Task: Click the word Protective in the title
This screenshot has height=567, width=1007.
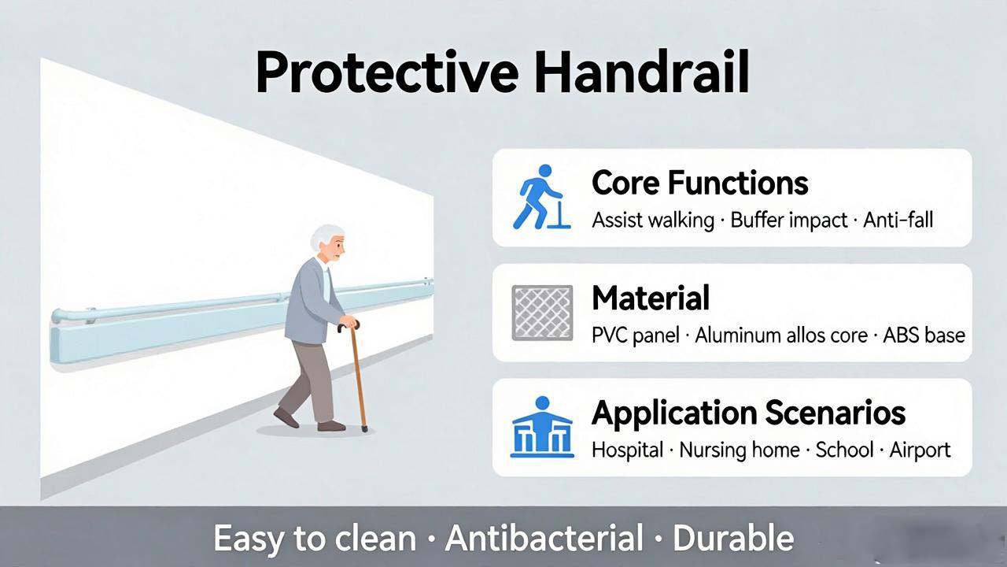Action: [x=387, y=73]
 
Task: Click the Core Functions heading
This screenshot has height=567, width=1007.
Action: [x=700, y=183]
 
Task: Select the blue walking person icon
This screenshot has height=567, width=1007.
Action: [x=542, y=197]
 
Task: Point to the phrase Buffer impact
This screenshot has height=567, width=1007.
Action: [x=789, y=220]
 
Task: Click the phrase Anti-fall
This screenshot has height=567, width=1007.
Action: [x=898, y=220]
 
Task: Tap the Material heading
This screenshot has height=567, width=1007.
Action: [x=651, y=298]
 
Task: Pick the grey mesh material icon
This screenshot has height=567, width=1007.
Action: [x=542, y=313]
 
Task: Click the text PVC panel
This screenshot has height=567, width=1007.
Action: [x=635, y=335]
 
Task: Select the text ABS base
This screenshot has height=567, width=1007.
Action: [x=924, y=335]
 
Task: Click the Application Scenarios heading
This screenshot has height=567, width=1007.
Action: [x=748, y=413]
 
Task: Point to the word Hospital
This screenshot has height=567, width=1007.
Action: [x=628, y=450]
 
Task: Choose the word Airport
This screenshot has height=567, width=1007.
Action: [x=920, y=450]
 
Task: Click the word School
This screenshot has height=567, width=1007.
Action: [x=845, y=450]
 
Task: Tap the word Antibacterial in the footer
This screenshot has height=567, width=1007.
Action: [x=544, y=538]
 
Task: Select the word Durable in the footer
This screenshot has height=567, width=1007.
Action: [x=733, y=538]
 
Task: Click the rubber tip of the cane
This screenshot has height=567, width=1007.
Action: [x=364, y=429]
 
